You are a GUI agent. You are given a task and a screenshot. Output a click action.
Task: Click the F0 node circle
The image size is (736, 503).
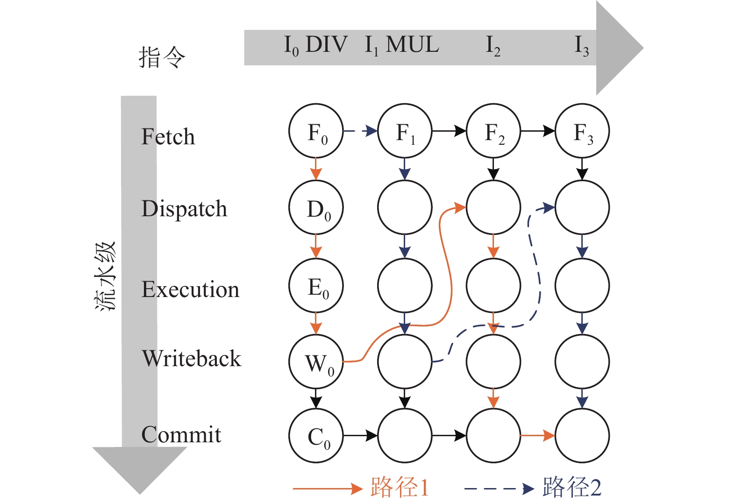tap(316, 131)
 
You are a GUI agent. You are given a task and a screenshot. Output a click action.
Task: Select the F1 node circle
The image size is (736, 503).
tap(405, 131)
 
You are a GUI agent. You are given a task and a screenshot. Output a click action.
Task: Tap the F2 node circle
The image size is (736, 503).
tap(493, 131)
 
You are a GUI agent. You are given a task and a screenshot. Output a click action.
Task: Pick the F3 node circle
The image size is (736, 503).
tap(582, 131)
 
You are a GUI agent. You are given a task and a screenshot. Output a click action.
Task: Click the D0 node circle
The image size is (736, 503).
tap(316, 207)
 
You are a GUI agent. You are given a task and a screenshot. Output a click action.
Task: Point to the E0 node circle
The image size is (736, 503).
tap(316, 285)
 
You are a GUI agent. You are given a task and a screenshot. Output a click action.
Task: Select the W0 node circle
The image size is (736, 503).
tap(316, 362)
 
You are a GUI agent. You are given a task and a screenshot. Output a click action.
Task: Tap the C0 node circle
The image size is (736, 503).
tap(316, 436)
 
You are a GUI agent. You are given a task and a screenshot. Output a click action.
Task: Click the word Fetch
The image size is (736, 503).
tap(168, 137)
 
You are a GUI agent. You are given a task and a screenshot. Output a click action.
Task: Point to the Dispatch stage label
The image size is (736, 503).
tap(184, 209)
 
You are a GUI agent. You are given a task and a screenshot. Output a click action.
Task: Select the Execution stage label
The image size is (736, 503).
tap(190, 290)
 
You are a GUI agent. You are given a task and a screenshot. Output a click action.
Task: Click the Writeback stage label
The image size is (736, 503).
tap(192, 359)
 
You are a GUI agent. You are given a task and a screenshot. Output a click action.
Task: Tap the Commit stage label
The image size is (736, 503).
tap(181, 435)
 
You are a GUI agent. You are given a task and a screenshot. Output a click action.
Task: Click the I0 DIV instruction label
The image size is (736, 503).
tap(315, 46)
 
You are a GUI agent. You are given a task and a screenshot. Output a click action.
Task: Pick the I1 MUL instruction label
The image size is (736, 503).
tap(401, 46)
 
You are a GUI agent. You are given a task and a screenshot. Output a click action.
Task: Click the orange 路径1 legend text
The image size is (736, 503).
tap(400, 487)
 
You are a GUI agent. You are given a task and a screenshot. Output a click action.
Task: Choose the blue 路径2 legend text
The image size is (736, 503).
tap(572, 487)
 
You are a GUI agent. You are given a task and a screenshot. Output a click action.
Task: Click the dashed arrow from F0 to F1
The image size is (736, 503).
tap(360, 131)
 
